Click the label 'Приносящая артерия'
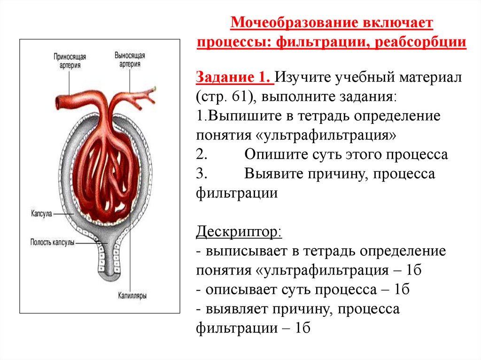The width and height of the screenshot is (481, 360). (x=69, y=61)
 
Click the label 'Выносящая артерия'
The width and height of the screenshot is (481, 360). (x=130, y=60)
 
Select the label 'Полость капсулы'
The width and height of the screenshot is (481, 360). (x=52, y=243)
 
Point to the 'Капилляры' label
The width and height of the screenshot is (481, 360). (x=132, y=296)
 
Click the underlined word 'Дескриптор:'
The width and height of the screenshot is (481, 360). (x=239, y=231)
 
